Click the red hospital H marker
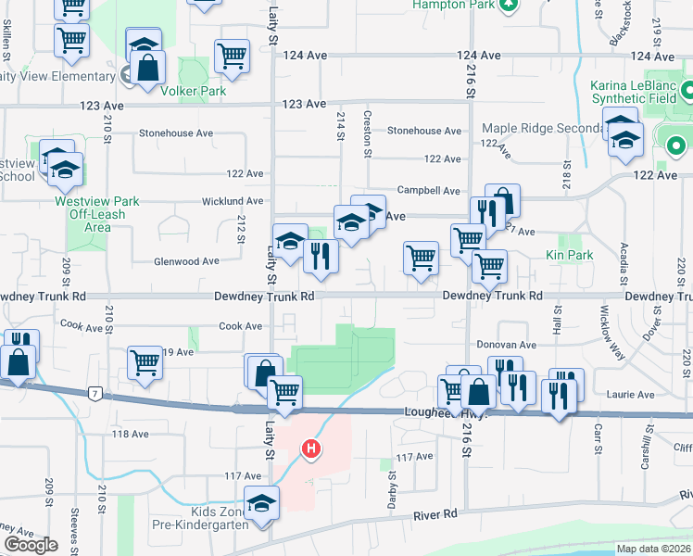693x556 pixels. pos(311,449)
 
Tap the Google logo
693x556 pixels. pos(31,545)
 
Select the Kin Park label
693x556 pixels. pos(569,254)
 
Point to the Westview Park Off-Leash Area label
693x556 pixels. pos(96,213)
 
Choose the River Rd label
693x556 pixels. pos(436,513)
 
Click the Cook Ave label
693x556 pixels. pos(240,325)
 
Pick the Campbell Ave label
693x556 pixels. pos(429,191)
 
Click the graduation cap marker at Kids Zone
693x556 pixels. pos(262,503)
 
